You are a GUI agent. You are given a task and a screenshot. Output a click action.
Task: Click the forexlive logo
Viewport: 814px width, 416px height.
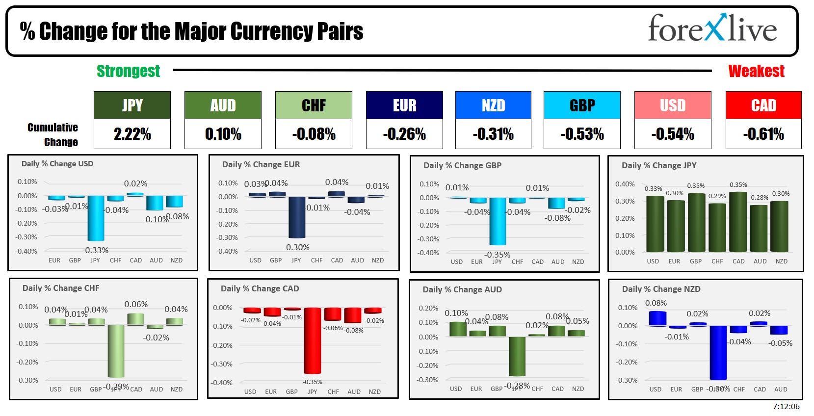point(712,29)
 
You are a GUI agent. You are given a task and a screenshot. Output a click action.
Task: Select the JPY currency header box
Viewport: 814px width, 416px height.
point(132,105)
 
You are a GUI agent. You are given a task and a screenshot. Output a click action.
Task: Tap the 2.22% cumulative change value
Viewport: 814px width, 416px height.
point(132,134)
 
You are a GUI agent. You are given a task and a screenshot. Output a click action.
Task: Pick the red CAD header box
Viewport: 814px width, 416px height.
point(763,105)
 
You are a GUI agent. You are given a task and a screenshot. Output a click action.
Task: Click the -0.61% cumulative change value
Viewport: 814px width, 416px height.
point(763,134)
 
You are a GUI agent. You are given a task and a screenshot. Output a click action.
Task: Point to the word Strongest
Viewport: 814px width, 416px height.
point(128,71)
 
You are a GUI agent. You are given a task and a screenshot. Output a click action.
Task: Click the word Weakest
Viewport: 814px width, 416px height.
point(756,71)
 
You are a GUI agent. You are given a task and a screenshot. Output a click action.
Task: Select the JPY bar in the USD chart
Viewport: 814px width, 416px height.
point(96,218)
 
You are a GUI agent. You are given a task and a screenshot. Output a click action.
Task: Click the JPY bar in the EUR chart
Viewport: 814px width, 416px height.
point(297,217)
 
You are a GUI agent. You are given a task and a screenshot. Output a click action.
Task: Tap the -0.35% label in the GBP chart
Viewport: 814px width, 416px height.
point(497,255)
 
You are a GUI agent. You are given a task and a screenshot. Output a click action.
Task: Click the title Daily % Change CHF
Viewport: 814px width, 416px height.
point(61,288)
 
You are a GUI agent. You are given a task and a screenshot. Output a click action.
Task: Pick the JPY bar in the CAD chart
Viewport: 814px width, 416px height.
point(312,340)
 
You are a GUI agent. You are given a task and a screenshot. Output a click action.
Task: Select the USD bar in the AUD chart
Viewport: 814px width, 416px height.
point(458,329)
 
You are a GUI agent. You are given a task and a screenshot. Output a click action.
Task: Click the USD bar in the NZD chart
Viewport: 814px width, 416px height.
point(657,318)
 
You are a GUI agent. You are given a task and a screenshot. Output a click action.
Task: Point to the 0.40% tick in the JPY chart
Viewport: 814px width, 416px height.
point(625,184)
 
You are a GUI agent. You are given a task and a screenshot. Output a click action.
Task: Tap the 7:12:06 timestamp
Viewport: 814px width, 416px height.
point(786,406)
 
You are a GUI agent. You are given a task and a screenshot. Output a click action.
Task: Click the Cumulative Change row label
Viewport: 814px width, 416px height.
point(53,134)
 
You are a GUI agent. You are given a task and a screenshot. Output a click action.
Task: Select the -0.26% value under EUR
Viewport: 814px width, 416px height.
point(404,134)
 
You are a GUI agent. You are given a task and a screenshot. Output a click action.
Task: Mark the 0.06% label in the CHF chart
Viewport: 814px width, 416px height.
point(136,304)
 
